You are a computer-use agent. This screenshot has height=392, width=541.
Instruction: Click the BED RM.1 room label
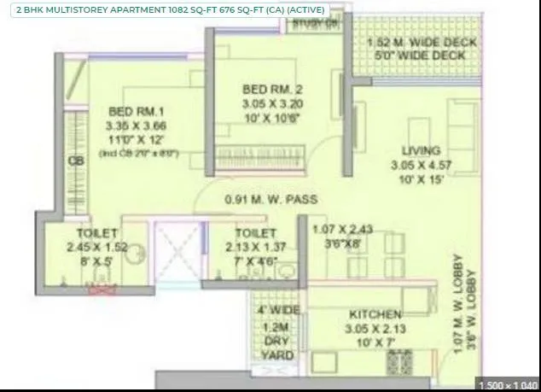click(x=128, y=110)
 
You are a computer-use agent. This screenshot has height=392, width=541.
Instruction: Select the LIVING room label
click(x=415, y=148)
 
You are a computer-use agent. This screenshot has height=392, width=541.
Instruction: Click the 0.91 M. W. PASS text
click(x=270, y=200)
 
